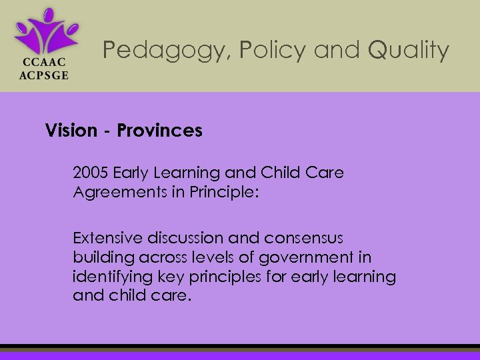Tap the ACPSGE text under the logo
click(x=42, y=75)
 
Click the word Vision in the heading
click(x=71, y=130)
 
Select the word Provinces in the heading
click(x=159, y=130)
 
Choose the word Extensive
click(x=107, y=237)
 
